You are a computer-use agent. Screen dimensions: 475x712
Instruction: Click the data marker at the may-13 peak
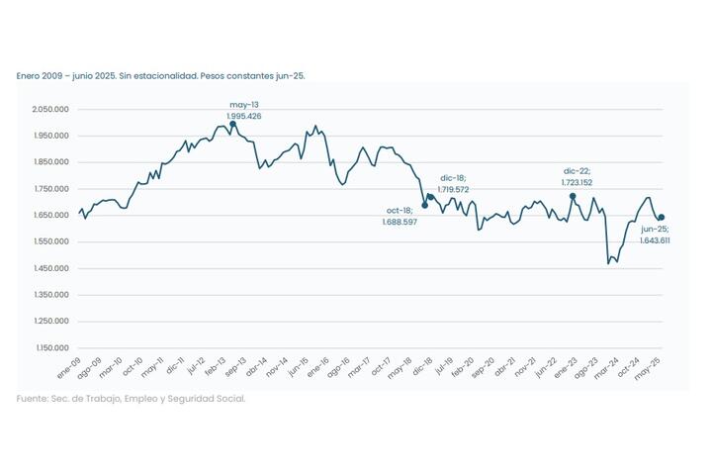point(232,126)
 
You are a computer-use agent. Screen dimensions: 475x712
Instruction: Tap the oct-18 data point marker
point(425,206)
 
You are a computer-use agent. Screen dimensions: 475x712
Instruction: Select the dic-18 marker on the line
point(430,197)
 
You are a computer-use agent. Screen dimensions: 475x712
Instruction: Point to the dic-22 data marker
point(573,196)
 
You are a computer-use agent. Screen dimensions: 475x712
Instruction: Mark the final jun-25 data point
point(661,218)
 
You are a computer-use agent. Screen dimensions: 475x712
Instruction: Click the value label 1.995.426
point(244,117)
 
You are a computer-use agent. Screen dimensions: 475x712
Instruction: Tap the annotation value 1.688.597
point(400,223)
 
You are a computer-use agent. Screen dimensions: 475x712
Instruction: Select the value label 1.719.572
point(454,188)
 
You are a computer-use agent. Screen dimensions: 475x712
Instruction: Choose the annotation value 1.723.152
point(577,182)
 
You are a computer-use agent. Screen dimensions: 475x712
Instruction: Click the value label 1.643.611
point(655,240)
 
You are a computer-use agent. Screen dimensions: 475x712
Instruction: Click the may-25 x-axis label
point(648,368)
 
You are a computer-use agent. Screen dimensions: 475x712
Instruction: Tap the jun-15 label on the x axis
point(299,368)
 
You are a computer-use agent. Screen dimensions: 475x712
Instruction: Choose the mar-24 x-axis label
point(606,368)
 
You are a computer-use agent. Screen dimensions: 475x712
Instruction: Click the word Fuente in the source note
point(32,399)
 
